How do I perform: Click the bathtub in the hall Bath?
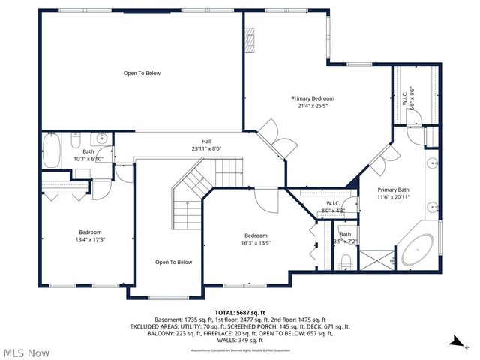(x=51, y=151)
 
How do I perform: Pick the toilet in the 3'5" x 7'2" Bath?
(x=346, y=261)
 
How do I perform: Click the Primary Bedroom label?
(x=313, y=98)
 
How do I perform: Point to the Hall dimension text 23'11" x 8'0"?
(x=205, y=148)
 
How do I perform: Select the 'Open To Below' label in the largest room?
(x=142, y=73)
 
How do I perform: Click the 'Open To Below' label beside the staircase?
(x=174, y=262)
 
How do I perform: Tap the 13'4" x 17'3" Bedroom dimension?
(x=90, y=240)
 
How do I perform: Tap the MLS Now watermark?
(x=26, y=352)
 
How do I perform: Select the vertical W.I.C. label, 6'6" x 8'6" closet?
(x=406, y=97)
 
